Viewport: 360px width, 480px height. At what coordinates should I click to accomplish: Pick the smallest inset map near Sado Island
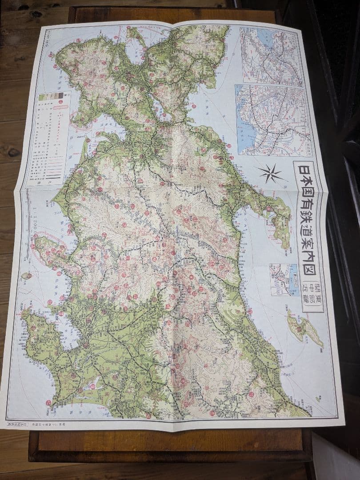283,279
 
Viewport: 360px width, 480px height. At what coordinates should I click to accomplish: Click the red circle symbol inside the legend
61,102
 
